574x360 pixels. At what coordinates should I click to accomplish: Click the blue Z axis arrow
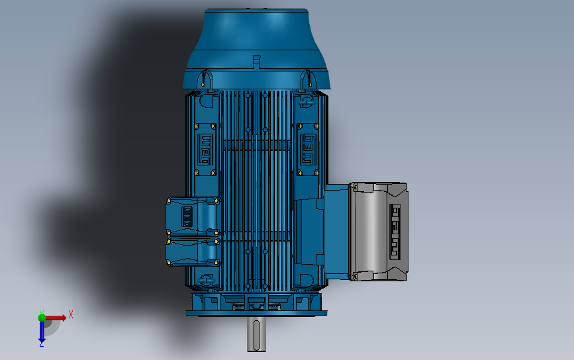tap(42, 334)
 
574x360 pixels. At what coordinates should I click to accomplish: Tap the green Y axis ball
tap(42, 317)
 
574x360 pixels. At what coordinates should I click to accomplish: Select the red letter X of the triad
tap(70, 315)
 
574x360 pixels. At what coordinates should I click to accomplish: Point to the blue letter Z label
tap(42, 344)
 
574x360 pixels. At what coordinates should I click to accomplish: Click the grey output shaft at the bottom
tap(258, 334)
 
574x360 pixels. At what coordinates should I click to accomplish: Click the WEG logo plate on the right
tap(307, 149)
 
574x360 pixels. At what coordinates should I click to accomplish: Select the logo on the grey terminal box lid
tap(396, 230)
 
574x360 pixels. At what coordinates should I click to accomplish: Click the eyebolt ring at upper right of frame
tap(306, 101)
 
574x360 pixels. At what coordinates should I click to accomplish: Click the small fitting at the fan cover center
tap(257, 62)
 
